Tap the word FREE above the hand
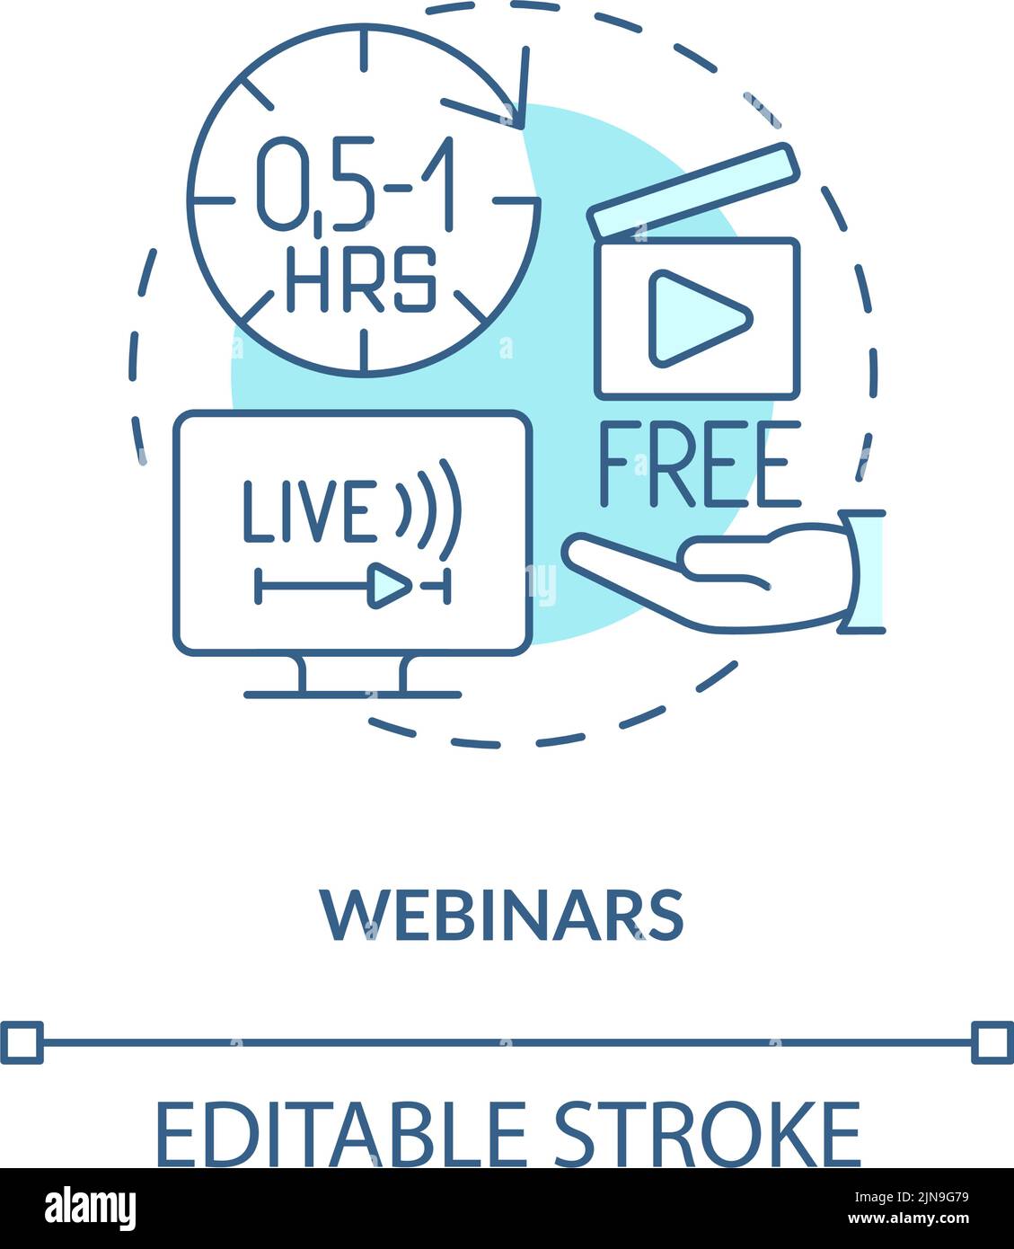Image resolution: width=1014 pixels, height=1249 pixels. (699, 464)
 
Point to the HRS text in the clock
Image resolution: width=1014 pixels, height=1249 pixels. (361, 279)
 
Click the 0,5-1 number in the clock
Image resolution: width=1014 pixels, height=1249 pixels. (357, 182)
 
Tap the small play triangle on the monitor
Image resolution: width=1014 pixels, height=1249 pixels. (389, 586)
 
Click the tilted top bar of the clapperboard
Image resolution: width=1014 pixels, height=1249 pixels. (693, 190)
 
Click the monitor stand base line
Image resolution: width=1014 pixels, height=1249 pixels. (352, 695)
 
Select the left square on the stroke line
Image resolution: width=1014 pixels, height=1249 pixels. (22, 1042)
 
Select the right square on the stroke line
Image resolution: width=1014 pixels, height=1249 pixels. (992, 1042)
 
